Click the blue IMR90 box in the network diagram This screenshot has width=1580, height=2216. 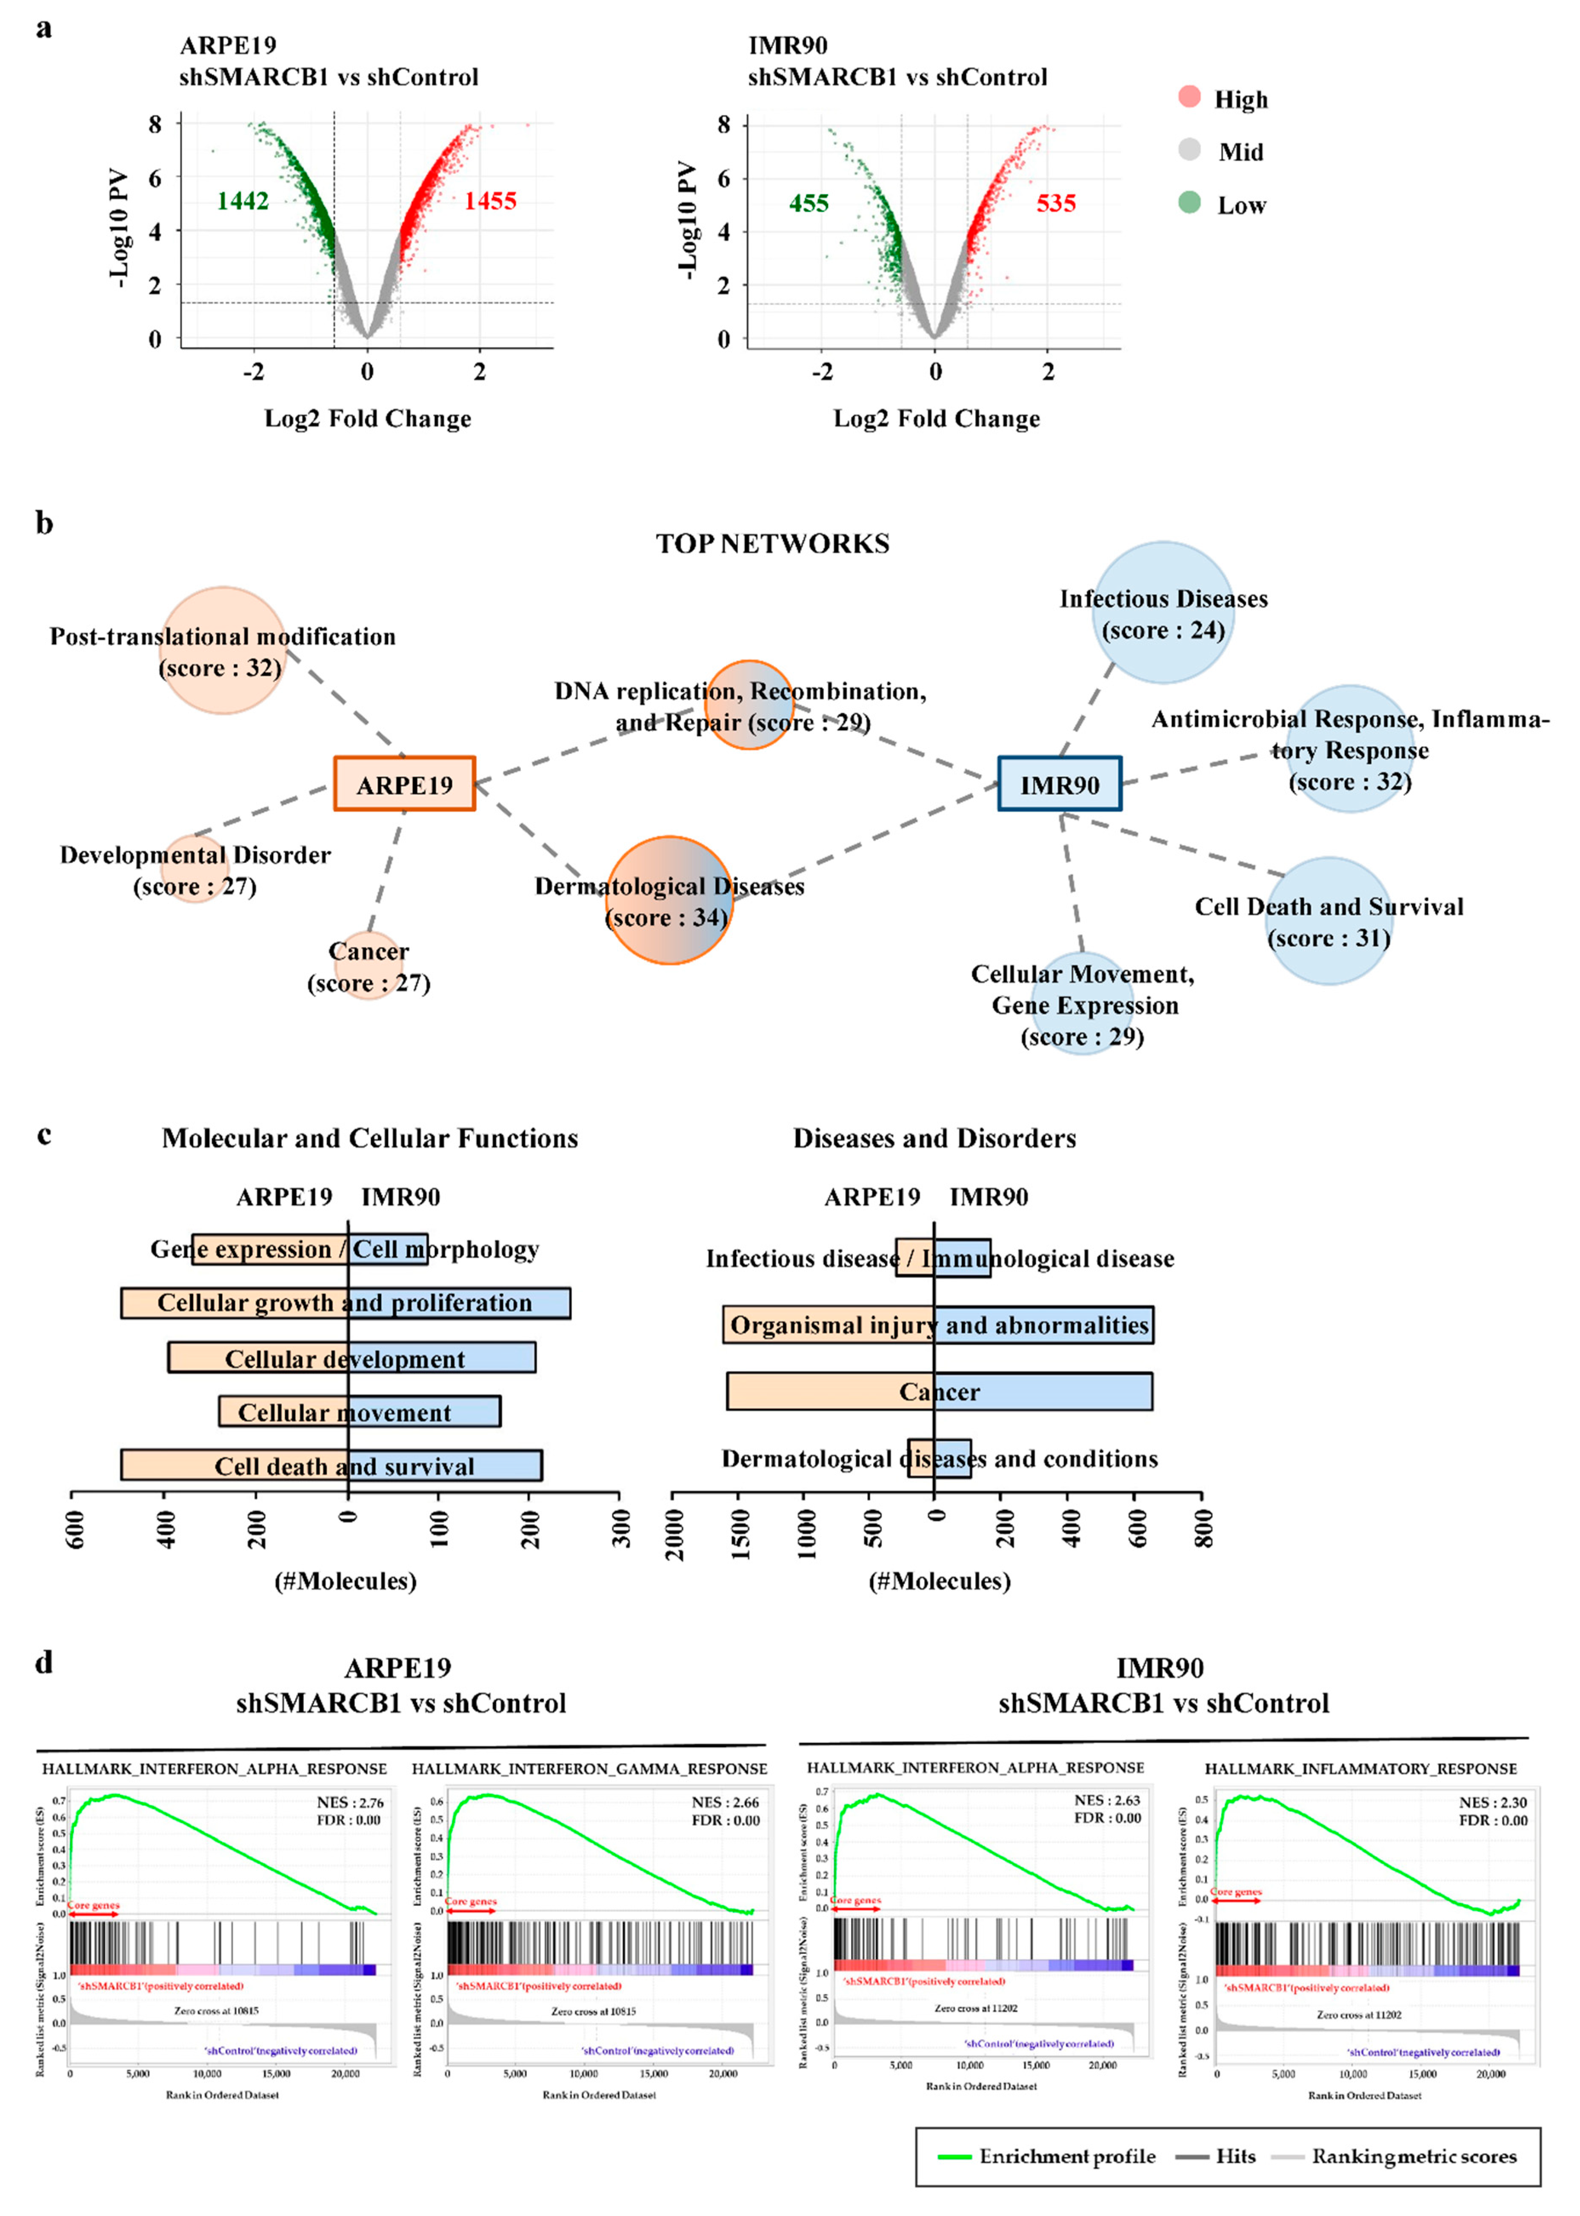coord(1060,784)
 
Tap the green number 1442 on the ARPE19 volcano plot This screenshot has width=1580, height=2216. coord(242,201)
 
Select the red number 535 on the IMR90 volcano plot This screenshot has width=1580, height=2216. coord(1056,203)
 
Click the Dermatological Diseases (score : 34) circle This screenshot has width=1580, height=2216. coord(669,900)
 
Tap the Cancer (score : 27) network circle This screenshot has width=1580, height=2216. coord(369,966)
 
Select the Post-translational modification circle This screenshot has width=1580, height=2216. coord(223,650)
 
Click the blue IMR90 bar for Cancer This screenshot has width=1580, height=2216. coord(1043,1391)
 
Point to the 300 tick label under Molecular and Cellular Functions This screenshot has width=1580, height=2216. coord(621,1528)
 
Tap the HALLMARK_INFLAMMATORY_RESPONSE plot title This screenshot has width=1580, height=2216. coord(1360,1768)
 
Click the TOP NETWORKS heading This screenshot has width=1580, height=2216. coord(772,544)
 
